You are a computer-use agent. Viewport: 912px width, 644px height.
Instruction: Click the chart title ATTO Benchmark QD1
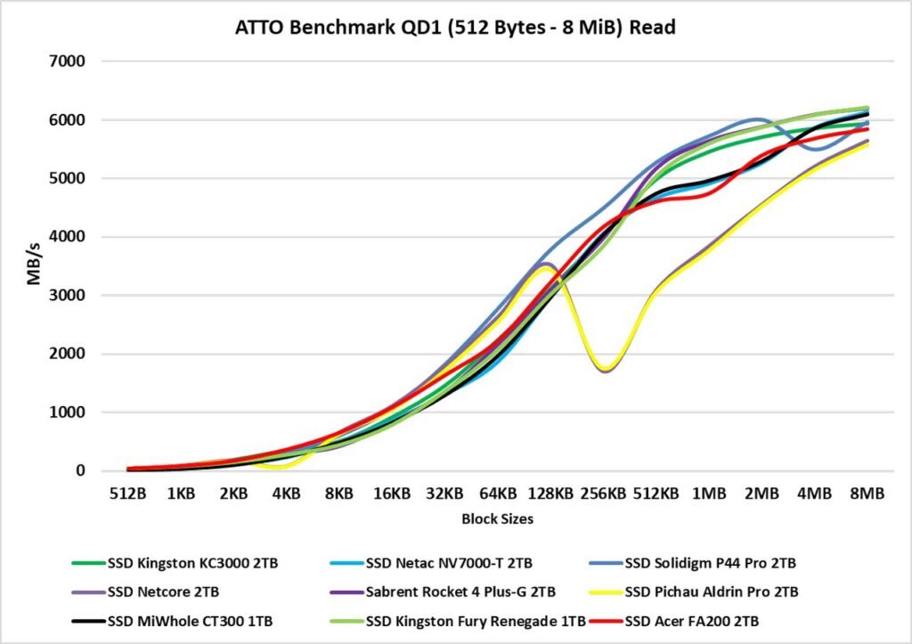[455, 28]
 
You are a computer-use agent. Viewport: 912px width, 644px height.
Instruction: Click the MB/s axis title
[33, 265]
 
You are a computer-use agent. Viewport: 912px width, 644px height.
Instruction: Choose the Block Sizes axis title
[498, 518]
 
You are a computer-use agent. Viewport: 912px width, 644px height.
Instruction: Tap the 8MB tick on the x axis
[867, 493]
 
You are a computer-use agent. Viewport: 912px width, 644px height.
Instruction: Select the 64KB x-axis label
[498, 493]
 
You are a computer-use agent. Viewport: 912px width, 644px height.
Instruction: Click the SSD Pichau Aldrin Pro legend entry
[707, 592]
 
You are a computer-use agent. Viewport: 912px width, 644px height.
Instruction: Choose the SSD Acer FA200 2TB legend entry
[697, 621]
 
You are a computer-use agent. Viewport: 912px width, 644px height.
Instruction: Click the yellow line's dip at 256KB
[607, 368]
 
